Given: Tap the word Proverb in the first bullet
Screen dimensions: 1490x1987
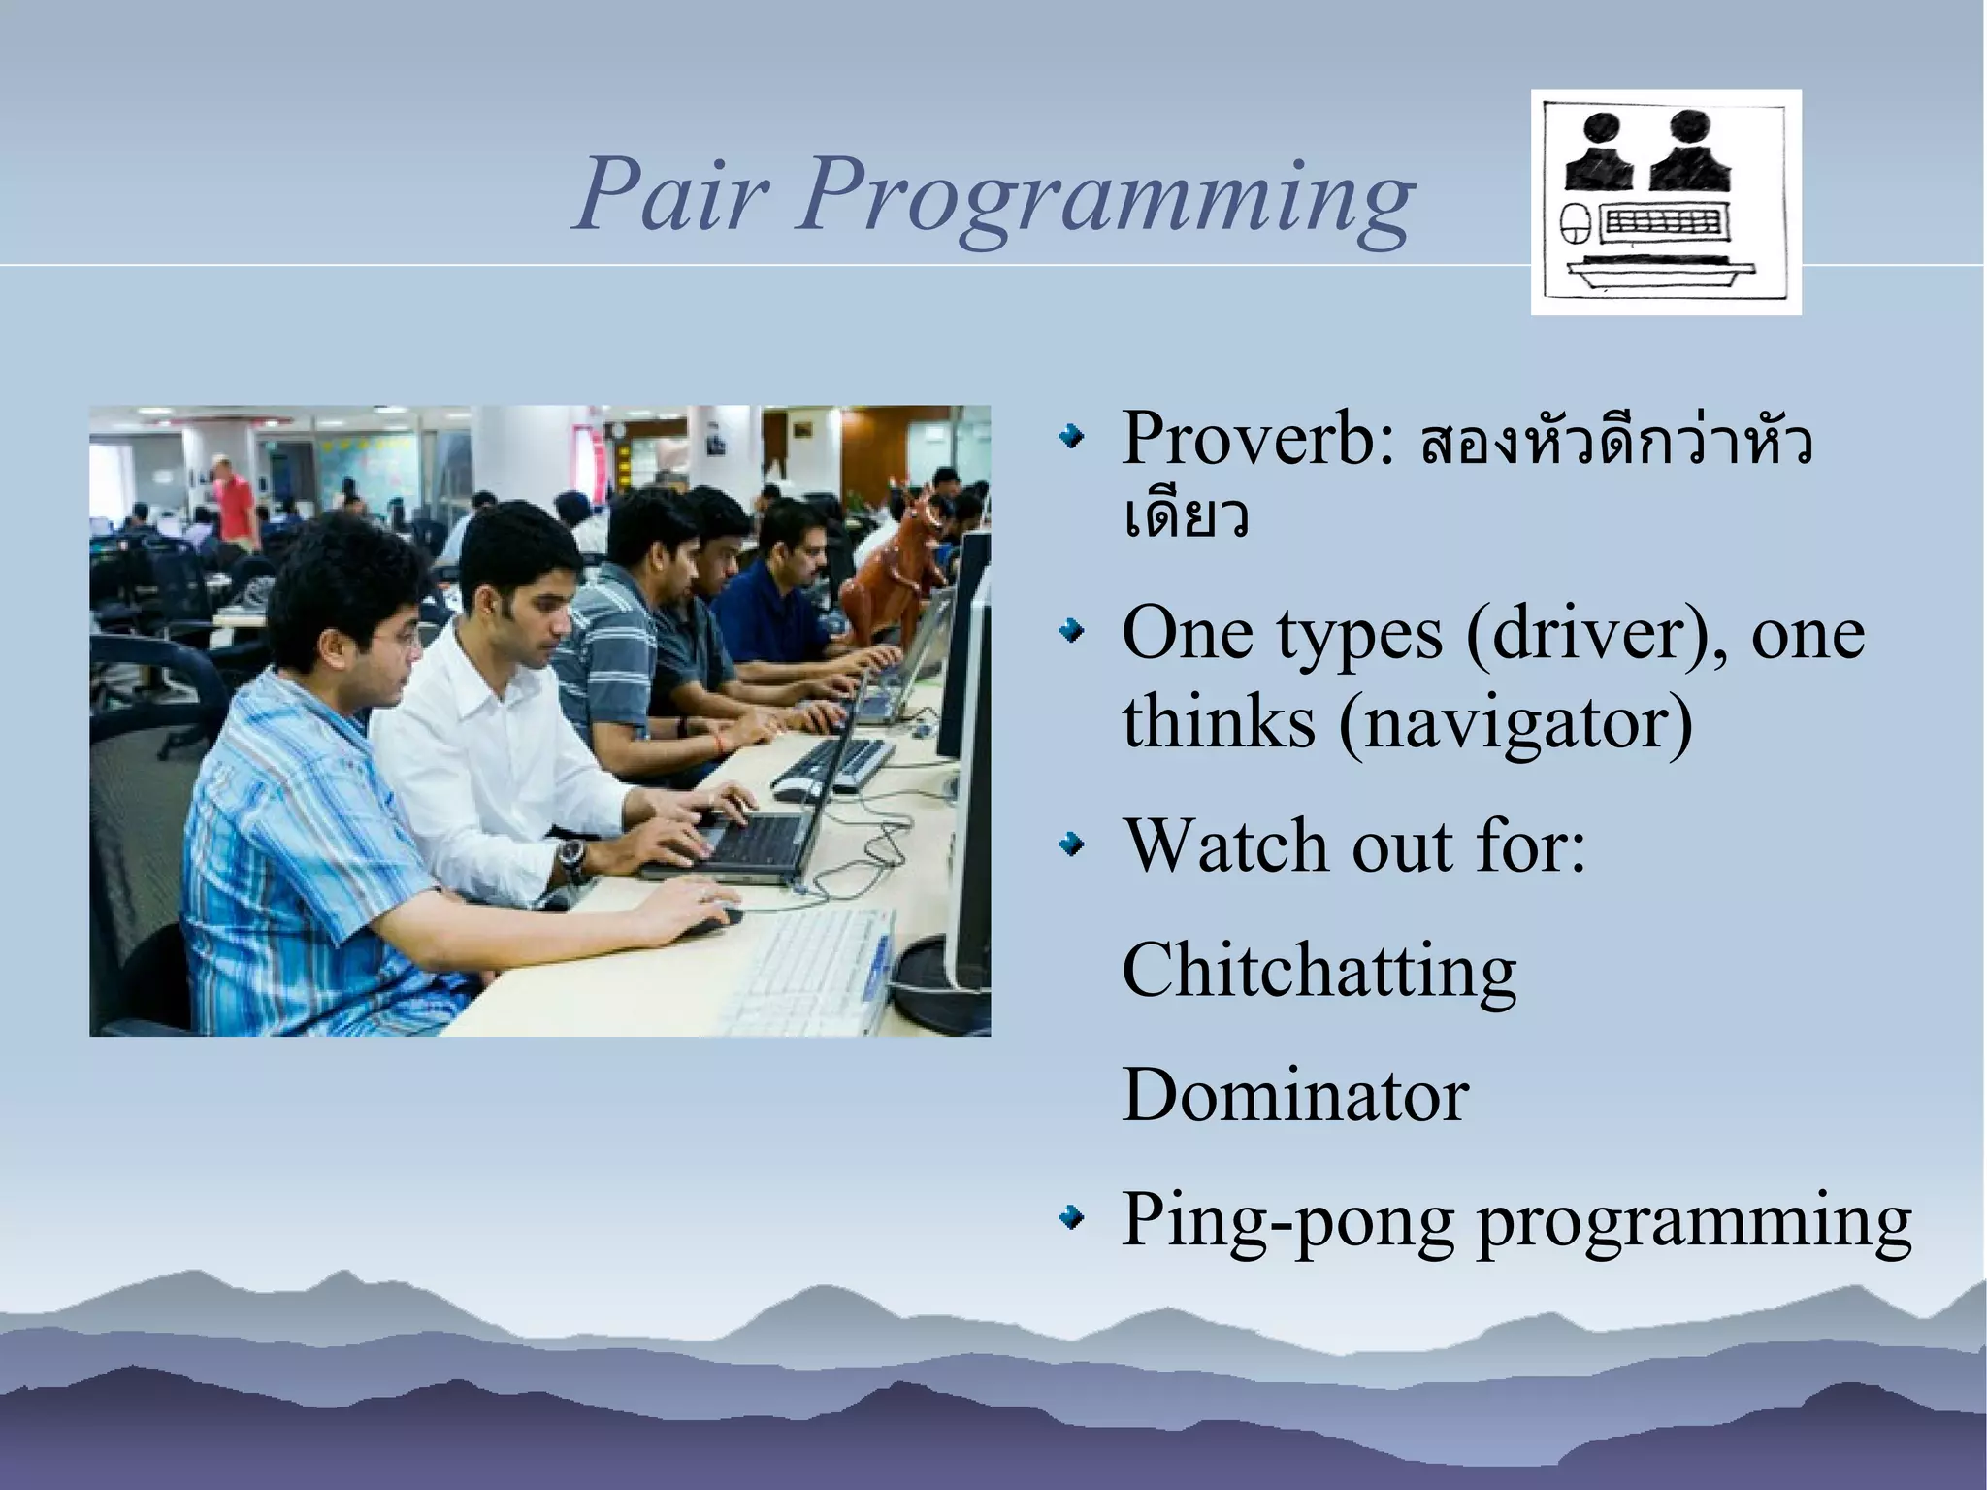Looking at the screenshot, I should coord(1257,440).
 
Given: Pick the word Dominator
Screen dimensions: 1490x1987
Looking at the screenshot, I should coord(1294,1094).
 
